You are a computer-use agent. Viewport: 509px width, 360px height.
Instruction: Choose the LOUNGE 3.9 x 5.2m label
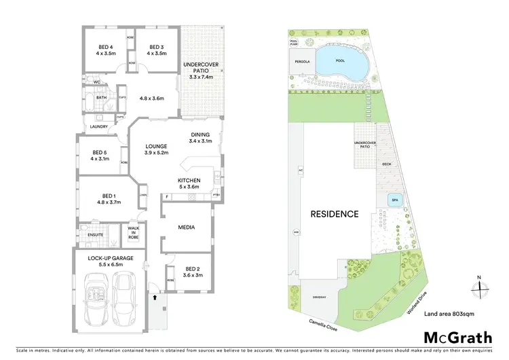pos(157,149)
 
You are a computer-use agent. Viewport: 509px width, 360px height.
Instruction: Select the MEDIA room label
pos(187,227)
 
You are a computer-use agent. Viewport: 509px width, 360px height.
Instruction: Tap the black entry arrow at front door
pos(155,297)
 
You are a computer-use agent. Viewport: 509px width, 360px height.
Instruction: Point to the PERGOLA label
pos(303,61)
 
